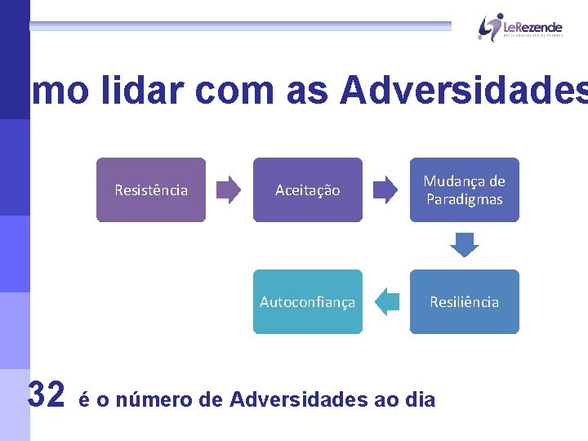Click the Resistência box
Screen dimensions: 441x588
point(151,190)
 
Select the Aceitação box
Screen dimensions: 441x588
point(307,190)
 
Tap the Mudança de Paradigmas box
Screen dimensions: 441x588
point(465,190)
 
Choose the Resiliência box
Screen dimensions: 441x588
point(465,302)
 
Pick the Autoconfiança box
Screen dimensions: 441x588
point(307,302)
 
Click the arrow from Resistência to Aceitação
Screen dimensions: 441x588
point(229,190)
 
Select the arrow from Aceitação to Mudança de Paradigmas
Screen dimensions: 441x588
point(385,190)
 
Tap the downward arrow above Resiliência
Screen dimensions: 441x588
point(465,245)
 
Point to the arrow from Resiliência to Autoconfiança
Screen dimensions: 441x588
point(386,302)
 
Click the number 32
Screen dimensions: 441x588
point(46,395)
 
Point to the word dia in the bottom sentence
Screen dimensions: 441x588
point(421,400)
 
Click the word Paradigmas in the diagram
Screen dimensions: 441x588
point(465,200)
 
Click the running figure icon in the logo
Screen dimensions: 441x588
point(489,26)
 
